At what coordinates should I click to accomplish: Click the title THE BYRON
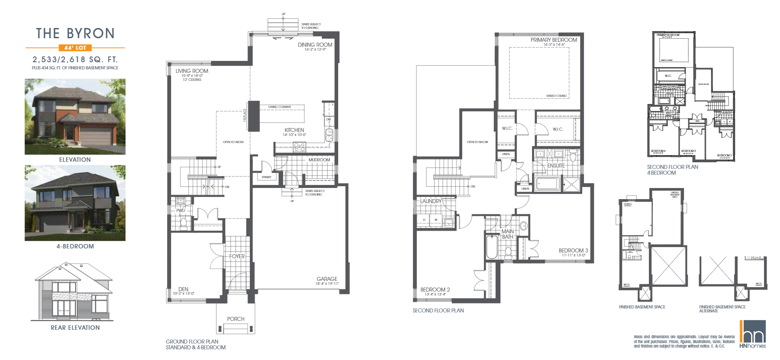click(x=75, y=34)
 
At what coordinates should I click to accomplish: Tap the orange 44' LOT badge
click(x=75, y=48)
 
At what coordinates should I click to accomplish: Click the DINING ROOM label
click(x=315, y=45)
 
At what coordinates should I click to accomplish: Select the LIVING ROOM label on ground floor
click(x=192, y=71)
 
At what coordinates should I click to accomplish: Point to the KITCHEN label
click(x=294, y=130)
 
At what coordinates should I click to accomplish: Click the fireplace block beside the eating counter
click(x=253, y=116)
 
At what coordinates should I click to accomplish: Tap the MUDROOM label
click(x=319, y=160)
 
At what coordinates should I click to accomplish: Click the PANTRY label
click(x=266, y=177)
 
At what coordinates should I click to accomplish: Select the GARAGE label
click(x=327, y=279)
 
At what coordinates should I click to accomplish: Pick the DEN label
click(x=183, y=289)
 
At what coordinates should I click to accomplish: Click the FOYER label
click(x=237, y=256)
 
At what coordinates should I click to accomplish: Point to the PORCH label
click(x=236, y=319)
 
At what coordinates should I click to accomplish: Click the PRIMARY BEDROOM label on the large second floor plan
click(x=553, y=40)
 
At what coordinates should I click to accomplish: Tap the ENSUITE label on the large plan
click(x=556, y=166)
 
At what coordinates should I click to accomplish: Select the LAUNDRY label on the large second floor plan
click(x=431, y=201)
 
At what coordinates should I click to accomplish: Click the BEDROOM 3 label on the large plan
click(x=573, y=251)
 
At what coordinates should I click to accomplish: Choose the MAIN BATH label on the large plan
click(x=508, y=234)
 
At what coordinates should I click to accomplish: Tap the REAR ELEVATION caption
click(x=75, y=328)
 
